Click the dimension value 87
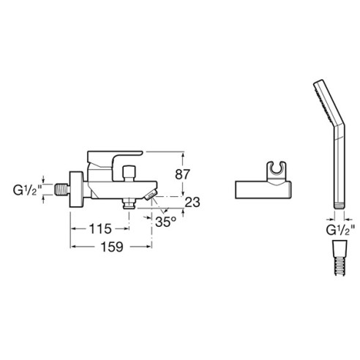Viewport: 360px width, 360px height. (x=182, y=174)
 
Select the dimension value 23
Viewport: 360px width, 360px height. (x=192, y=202)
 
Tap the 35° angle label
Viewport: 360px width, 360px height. (x=165, y=222)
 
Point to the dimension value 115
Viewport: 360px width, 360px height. (x=100, y=229)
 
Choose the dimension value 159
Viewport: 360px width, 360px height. (x=112, y=247)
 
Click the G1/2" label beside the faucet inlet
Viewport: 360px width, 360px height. (x=26, y=190)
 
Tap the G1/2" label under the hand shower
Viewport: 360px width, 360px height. (x=340, y=230)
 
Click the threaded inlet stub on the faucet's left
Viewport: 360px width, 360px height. (x=61, y=190)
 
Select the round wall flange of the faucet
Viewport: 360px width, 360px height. (x=76, y=190)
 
